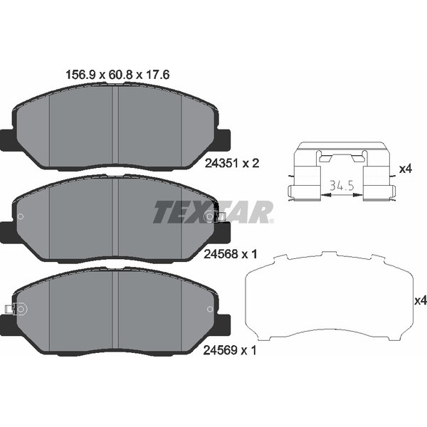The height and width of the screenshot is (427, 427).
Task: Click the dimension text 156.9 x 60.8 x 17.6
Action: [x=117, y=75]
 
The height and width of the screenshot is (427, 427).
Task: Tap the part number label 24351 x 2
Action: [x=232, y=164]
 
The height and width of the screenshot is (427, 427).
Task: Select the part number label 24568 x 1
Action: [x=231, y=254]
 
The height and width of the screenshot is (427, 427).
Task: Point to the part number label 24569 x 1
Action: [x=230, y=350]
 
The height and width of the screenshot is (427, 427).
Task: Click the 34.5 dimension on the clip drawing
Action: [x=342, y=186]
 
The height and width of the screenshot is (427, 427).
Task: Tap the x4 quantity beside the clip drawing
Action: [x=406, y=169]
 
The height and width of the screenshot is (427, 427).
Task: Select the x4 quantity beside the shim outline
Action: [x=421, y=300]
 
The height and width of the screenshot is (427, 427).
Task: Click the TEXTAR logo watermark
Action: [x=213, y=212]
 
